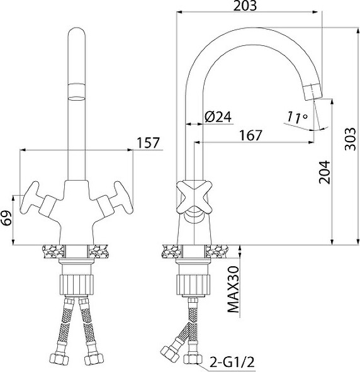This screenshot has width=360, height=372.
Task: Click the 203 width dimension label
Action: [245, 6]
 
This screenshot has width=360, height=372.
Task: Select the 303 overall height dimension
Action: [351, 139]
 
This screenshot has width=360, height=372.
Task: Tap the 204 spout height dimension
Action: [324, 172]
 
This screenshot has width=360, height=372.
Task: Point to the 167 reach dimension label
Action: [250, 135]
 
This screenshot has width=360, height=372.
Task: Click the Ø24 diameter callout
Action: [218, 116]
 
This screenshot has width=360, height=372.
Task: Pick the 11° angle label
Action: [297, 118]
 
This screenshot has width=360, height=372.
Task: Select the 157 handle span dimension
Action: [149, 143]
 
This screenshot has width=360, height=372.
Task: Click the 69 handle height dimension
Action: [6, 218]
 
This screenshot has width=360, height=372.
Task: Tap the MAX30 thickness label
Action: [233, 290]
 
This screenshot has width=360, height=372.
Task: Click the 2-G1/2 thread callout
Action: [232, 363]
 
